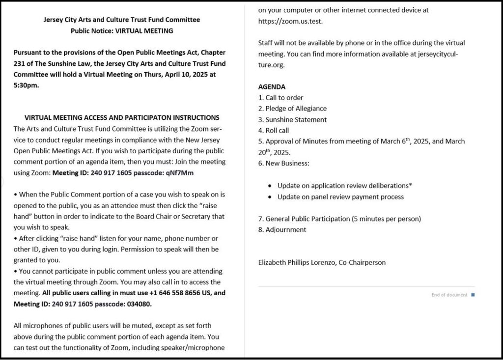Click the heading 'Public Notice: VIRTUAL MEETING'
[x=122, y=31]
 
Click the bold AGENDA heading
[x=272, y=86]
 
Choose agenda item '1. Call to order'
[x=281, y=97]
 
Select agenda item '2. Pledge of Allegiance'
[x=292, y=108]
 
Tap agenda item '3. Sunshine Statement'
[x=292, y=119]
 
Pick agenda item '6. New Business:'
[x=284, y=163]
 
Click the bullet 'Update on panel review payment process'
[x=340, y=196]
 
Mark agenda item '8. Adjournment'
[x=282, y=229]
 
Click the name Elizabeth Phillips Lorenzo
[x=297, y=262]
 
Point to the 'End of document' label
[x=449, y=295]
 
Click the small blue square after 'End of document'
[x=473, y=295]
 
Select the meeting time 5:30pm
[x=27, y=84]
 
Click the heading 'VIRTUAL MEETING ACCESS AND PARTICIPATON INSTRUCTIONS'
[x=122, y=117]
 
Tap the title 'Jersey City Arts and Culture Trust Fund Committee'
[x=122, y=20]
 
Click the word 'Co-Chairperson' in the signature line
[x=362, y=262]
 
